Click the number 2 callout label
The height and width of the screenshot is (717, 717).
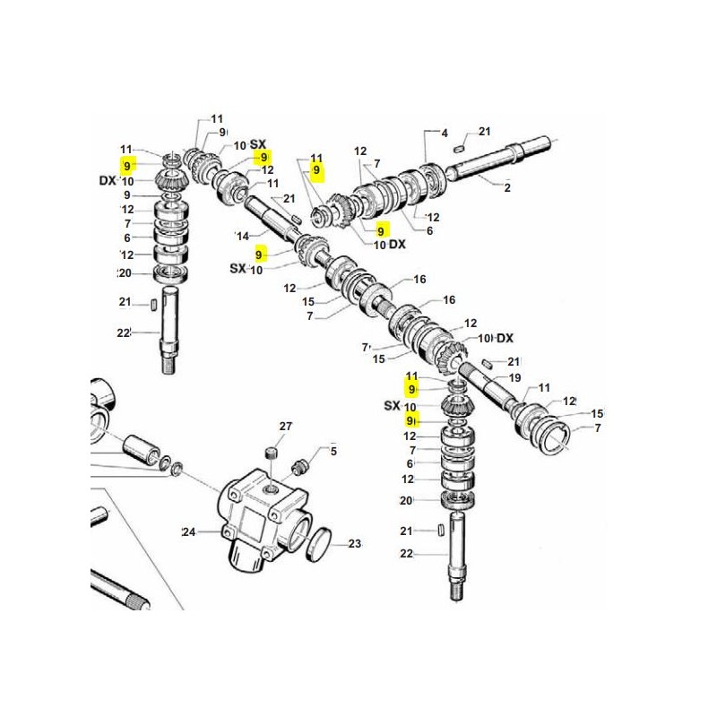(x=507, y=187)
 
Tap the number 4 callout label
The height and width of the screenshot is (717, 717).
(x=445, y=134)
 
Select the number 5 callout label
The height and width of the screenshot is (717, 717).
(x=333, y=452)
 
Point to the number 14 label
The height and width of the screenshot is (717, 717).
(x=243, y=236)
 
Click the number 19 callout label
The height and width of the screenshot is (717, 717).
(x=514, y=377)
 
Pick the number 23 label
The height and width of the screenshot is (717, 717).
(x=355, y=544)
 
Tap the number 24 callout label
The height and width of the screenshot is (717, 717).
(x=189, y=531)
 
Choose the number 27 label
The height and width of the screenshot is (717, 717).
(x=285, y=427)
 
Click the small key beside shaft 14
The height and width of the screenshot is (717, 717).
(x=296, y=218)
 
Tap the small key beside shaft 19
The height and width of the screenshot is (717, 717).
(x=486, y=364)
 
